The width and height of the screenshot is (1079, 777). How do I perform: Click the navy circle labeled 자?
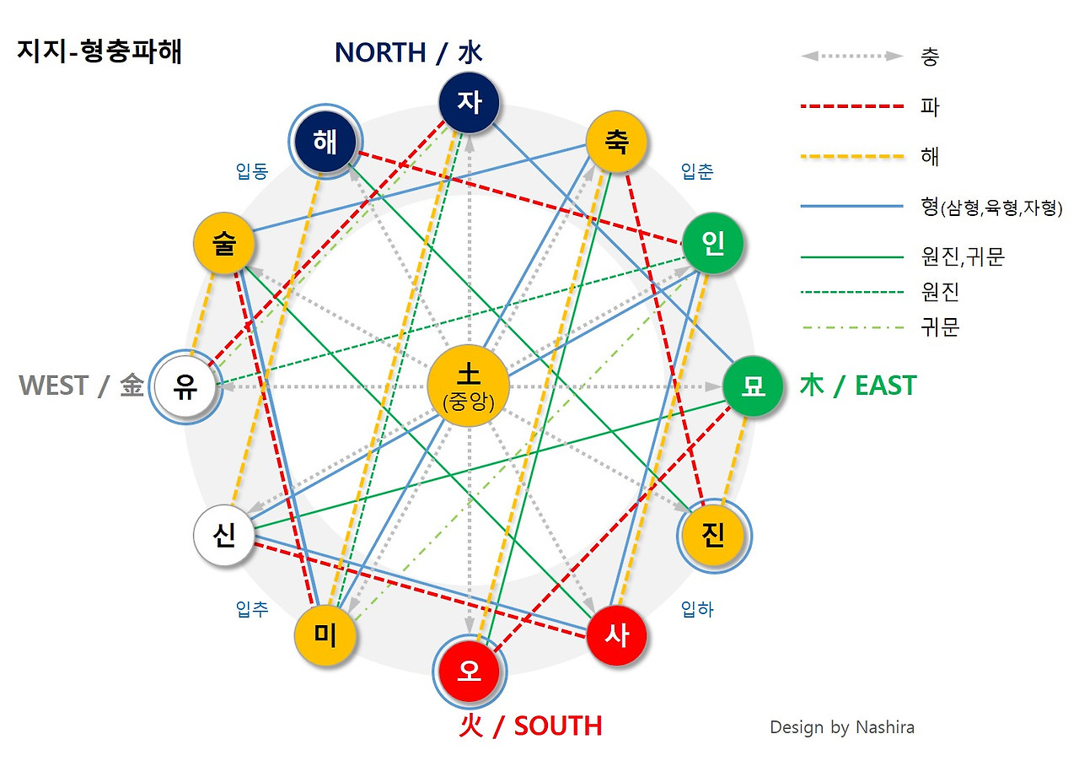470,103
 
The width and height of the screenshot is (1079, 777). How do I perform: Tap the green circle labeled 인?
713,245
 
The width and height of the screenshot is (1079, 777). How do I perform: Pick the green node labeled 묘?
753,386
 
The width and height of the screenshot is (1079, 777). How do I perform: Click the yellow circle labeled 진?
713,537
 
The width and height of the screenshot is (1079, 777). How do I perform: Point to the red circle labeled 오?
470,672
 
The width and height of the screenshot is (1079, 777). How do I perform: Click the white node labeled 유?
185,386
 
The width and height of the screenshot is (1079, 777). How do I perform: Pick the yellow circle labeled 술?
224,245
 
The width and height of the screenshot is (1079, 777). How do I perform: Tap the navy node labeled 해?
325,142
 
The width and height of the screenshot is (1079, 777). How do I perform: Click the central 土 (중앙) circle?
468,386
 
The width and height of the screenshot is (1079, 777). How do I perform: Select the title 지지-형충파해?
99,52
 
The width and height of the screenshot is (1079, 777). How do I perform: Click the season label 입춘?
697,172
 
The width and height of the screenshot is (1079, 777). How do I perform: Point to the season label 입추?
252,609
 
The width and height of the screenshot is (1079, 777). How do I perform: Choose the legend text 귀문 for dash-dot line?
941,327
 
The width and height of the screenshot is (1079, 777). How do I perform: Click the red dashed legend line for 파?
851,107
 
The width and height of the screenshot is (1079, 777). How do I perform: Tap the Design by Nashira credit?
841,727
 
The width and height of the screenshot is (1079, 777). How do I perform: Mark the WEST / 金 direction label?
81,386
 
